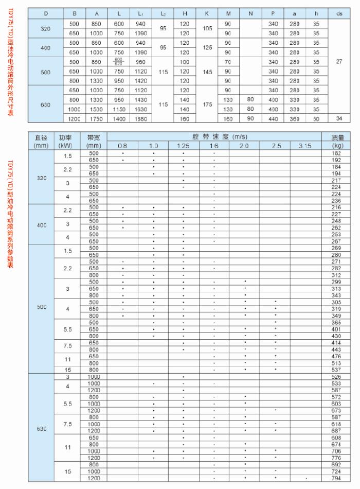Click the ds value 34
(x=338, y=119)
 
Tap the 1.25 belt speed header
(x=183, y=146)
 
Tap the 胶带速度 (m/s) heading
(x=214, y=137)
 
